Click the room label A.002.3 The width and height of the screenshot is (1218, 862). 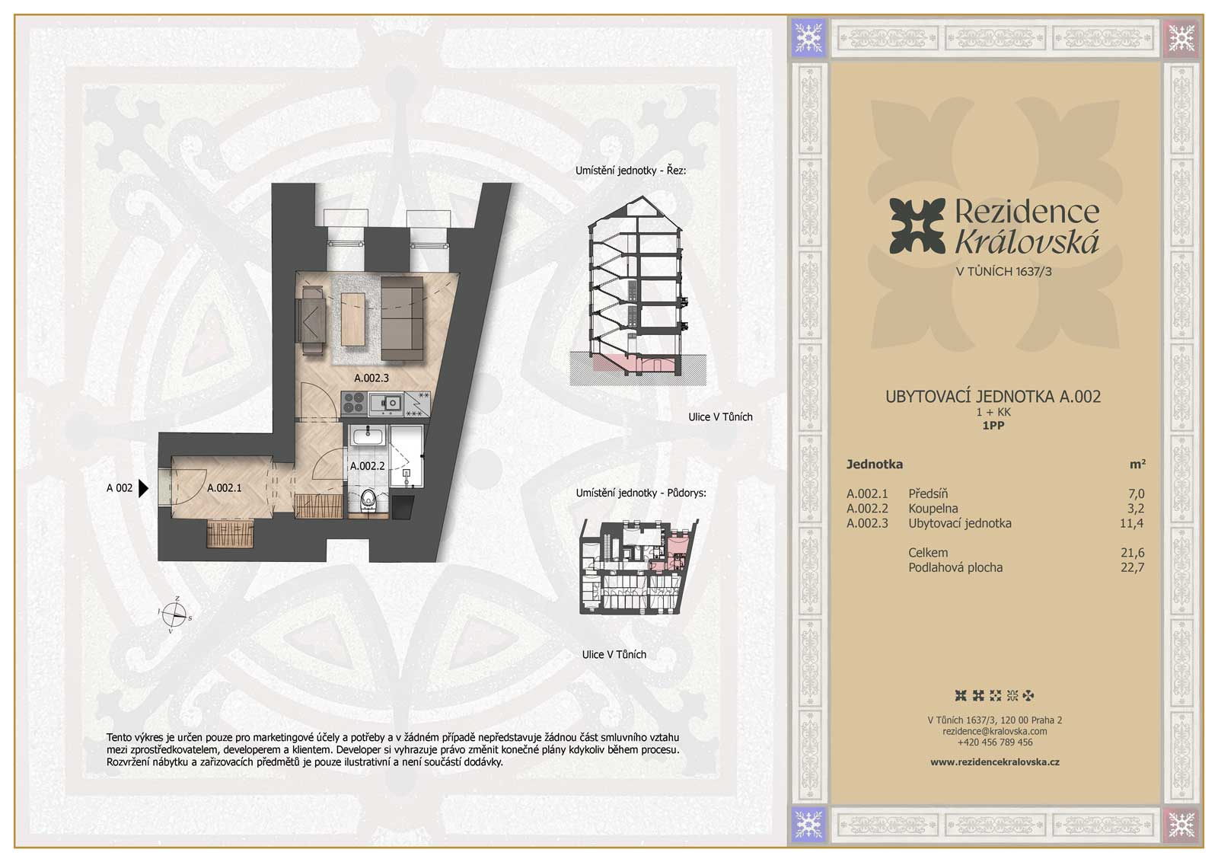371,378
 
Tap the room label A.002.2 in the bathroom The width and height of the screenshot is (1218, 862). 367,466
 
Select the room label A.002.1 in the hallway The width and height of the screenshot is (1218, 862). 224,488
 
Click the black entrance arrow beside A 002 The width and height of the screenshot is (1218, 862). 144,488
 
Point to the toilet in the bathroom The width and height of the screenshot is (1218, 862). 368,500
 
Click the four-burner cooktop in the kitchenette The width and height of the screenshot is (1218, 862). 353,404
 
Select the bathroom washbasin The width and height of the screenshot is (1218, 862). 368,435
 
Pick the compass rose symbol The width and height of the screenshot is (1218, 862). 174,615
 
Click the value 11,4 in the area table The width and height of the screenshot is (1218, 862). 1132,523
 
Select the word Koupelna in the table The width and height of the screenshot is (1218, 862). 933,509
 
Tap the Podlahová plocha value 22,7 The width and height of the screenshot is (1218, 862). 1132,567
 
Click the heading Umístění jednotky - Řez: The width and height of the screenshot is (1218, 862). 631,171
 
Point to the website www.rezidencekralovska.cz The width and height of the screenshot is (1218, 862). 994,762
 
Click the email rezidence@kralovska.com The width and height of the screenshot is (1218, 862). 994,732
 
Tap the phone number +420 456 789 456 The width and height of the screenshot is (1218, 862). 994,742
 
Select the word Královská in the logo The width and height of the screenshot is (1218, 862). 1027,242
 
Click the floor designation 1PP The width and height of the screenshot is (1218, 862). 993,426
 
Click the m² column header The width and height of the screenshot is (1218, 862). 1137,464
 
